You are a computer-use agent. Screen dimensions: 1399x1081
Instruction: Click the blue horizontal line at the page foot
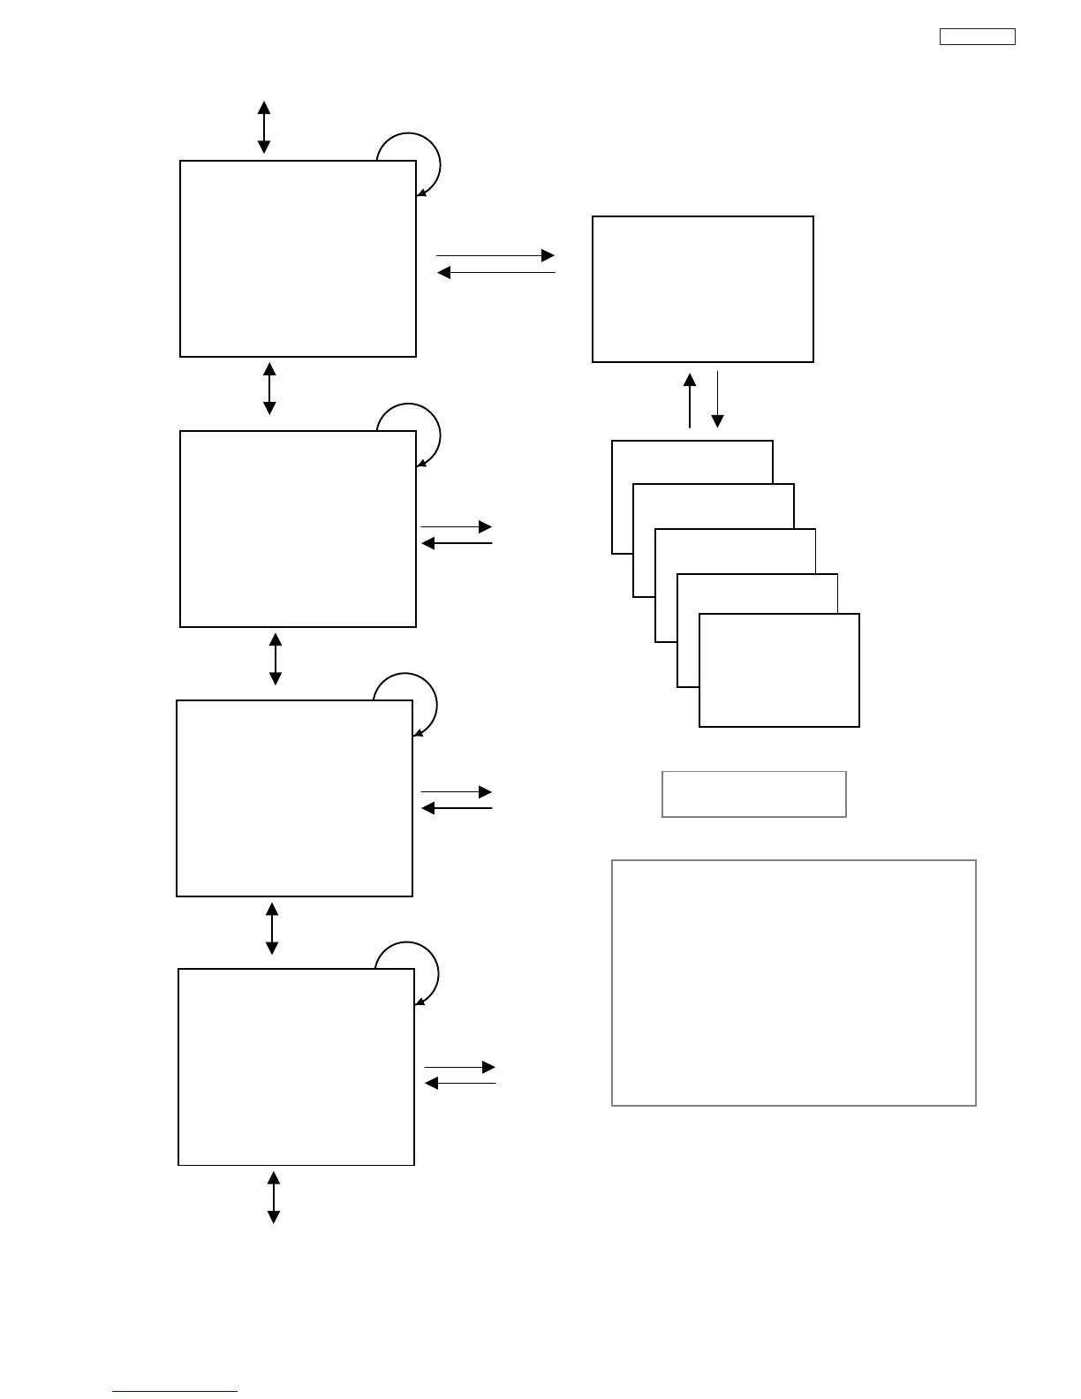pos(175,1392)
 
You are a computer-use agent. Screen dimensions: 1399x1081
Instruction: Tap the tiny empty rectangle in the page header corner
pos(977,37)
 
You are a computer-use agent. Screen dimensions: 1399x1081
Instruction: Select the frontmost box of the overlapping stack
pos(779,671)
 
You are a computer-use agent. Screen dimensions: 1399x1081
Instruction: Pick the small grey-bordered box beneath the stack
pos(754,794)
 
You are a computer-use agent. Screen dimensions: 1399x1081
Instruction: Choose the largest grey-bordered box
pos(794,982)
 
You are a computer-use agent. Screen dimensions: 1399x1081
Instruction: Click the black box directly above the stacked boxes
pos(703,289)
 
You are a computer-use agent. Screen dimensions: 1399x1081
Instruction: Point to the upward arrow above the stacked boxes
pos(690,400)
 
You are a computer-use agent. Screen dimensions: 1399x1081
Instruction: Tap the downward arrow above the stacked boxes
pos(718,399)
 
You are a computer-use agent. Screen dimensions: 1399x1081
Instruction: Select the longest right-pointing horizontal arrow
pos(495,255)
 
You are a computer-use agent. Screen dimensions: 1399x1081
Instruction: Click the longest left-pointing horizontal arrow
pos(496,273)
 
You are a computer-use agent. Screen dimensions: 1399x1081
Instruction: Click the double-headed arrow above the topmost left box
pos(264,127)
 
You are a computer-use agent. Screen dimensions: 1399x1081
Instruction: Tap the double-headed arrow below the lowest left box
pos(274,1197)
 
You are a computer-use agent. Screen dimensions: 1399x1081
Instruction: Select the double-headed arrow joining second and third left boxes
pos(276,659)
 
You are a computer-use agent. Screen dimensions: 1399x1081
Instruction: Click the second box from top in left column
pos(298,529)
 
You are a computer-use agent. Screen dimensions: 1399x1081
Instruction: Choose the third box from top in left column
pos(294,798)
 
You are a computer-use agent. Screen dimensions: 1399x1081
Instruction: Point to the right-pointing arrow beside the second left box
pos(457,526)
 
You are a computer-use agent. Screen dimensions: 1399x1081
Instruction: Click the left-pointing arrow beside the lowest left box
pos(460,1083)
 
